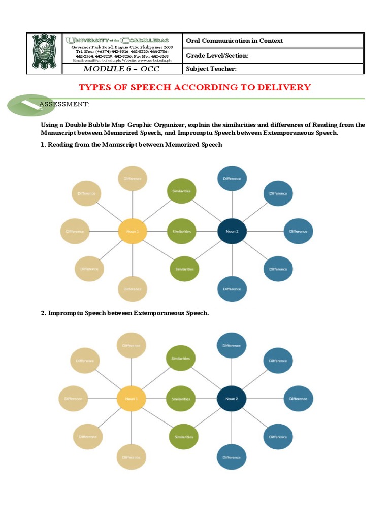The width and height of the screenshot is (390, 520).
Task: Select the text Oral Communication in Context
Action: coord(234,41)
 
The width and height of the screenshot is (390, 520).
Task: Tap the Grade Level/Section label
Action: coord(217,56)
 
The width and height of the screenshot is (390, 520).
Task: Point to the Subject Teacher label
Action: coord(211,69)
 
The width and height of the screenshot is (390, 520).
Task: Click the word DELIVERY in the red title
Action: coord(285,87)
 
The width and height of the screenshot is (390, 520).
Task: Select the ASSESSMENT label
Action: coord(64,104)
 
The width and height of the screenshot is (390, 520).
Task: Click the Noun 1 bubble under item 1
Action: coord(132,231)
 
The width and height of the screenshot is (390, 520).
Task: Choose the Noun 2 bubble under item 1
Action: coord(232,231)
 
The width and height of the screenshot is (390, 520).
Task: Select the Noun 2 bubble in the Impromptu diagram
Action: coord(231,399)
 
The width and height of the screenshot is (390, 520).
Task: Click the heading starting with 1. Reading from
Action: coord(132,145)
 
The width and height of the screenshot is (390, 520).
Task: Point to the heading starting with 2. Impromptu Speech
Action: coord(124,313)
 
